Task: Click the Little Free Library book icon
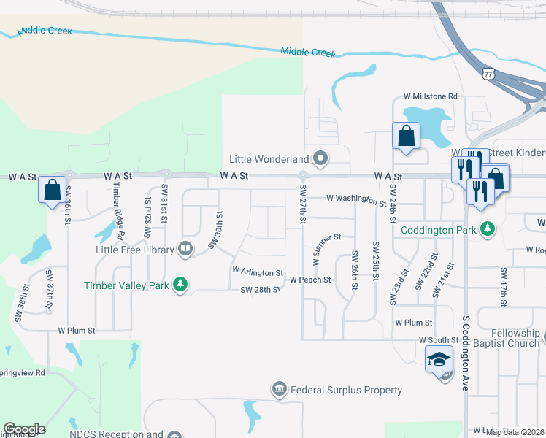point(185,250)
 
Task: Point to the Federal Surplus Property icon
point(279,390)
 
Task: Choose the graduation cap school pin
point(439,359)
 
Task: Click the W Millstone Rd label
point(430,96)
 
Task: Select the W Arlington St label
point(257,271)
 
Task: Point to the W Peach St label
point(310,280)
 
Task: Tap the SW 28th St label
point(261,290)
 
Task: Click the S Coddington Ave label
point(465,352)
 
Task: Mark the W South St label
point(438,340)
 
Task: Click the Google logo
point(24,429)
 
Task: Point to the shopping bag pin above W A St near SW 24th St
point(406,136)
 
